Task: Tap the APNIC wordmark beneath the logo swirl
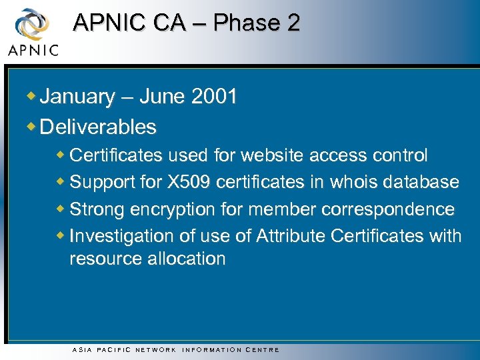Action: point(33,49)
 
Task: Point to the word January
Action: point(77,97)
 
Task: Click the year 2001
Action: point(214,97)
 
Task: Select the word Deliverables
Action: point(98,127)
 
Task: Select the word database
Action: point(421,182)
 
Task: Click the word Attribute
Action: point(292,236)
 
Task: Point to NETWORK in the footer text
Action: point(155,349)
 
